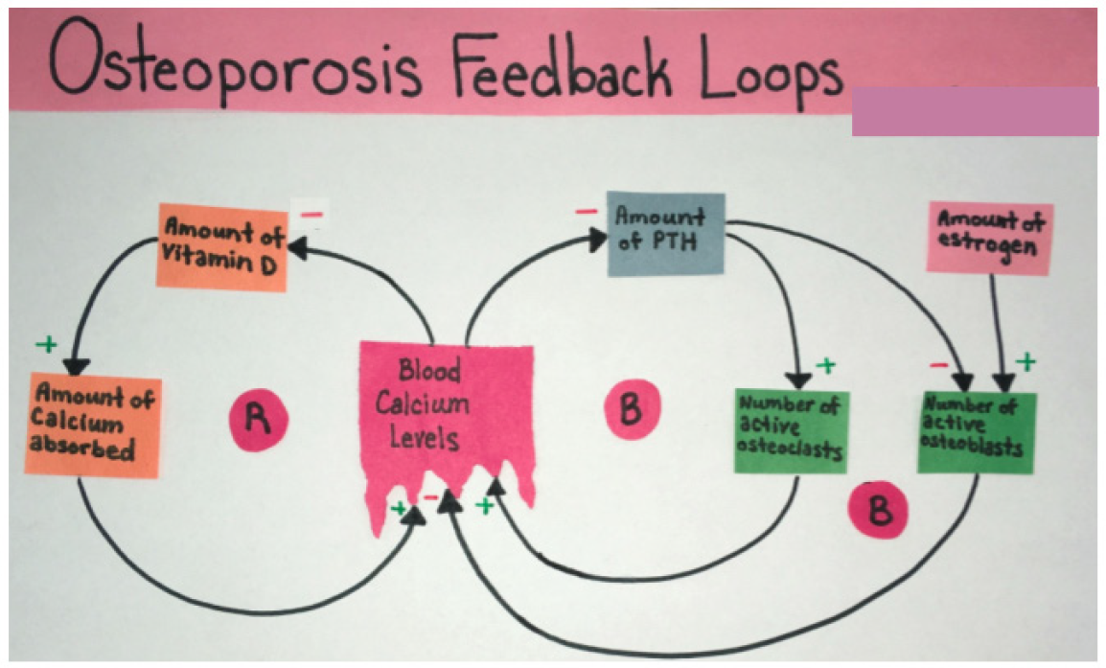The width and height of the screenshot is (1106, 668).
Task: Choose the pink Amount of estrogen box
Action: coord(990,238)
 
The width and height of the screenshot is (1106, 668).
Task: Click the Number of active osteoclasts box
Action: coord(792,430)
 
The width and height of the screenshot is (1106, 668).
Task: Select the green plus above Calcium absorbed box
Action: coord(45,343)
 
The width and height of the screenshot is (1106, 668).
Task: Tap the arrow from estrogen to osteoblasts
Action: coord(999,326)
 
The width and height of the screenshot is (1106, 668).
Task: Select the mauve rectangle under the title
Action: coord(974,111)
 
